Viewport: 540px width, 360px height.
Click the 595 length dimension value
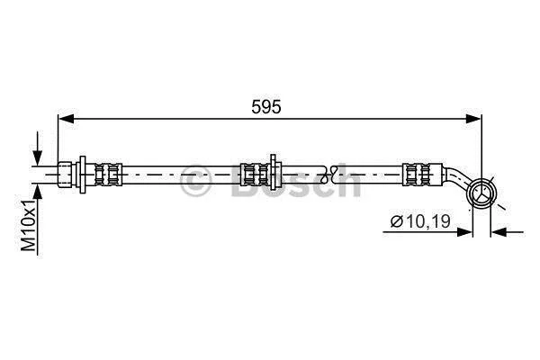265,107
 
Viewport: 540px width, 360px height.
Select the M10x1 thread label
29,225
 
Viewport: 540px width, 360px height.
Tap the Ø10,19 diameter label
420,221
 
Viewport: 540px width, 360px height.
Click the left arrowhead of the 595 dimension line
67,119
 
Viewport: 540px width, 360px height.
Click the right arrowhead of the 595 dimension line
472,119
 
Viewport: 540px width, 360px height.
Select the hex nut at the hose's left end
65,175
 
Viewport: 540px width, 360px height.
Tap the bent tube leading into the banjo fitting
455,178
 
